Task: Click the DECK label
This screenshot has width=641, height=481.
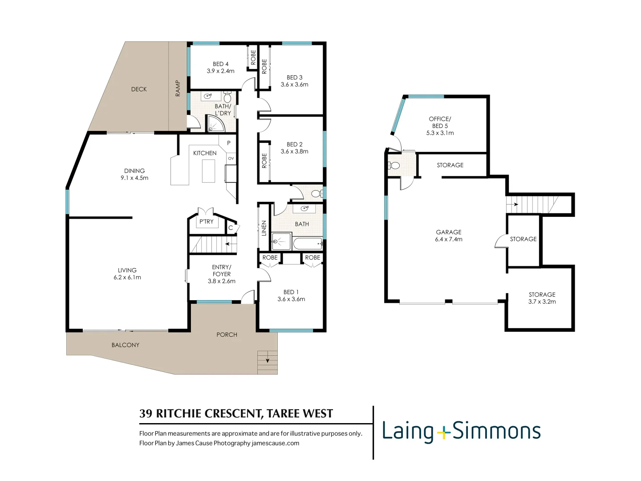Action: coord(139,89)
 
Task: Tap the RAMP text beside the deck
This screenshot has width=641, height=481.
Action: coord(178,88)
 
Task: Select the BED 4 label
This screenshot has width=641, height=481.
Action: coord(220,64)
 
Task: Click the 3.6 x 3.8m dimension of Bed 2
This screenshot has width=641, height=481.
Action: coord(294,151)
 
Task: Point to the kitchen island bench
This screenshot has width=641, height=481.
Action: coord(208,171)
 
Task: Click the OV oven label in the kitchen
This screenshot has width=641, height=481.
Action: coord(231,159)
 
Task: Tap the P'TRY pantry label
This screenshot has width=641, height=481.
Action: coord(206,221)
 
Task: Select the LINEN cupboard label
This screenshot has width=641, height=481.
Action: coord(264,228)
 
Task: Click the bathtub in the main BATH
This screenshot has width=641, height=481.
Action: coord(308,243)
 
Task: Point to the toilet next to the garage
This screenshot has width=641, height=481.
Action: coord(394,166)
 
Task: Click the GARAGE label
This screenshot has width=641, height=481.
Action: coord(449,232)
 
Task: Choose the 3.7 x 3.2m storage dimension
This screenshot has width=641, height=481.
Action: coord(542,302)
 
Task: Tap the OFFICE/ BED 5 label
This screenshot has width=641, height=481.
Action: coord(440,122)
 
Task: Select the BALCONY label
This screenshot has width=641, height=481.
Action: coord(126,345)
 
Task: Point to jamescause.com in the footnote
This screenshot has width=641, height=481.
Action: coord(275,443)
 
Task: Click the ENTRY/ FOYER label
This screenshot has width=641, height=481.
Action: coord(222,271)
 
